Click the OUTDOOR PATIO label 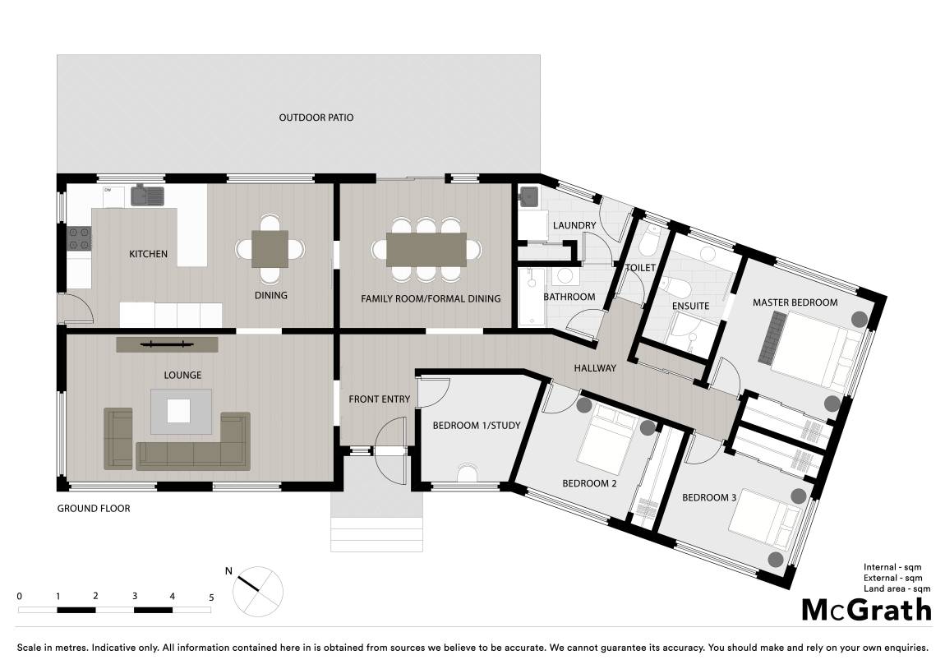tap(316, 118)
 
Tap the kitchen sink tap(148, 196)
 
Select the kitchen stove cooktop tap(79, 238)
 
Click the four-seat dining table tap(270, 249)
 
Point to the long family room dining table tap(426, 249)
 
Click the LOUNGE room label tap(182, 375)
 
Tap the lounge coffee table tap(181, 411)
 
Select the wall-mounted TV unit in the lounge tap(167, 344)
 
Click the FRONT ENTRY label tap(379, 399)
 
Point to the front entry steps tap(376, 533)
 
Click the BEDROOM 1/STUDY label tap(477, 426)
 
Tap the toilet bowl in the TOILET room tap(649, 242)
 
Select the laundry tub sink tap(528, 196)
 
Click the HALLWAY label tap(595, 368)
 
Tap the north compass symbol tap(258, 591)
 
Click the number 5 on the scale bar tap(211, 597)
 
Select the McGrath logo tap(867, 610)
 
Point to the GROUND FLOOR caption tap(94, 509)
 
